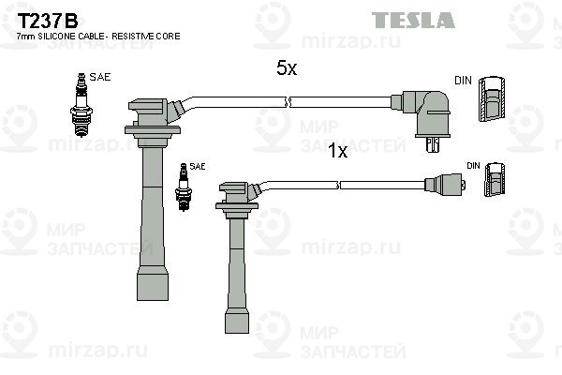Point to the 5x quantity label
click(286, 68)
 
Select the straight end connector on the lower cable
click(446, 185)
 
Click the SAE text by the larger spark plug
click(99, 78)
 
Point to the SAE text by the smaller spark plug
click(197, 166)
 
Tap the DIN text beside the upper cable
click(463, 81)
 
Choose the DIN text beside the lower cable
click(474, 166)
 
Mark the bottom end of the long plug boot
click(155, 286)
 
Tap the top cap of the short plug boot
click(238, 192)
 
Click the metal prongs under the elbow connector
click(432, 146)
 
